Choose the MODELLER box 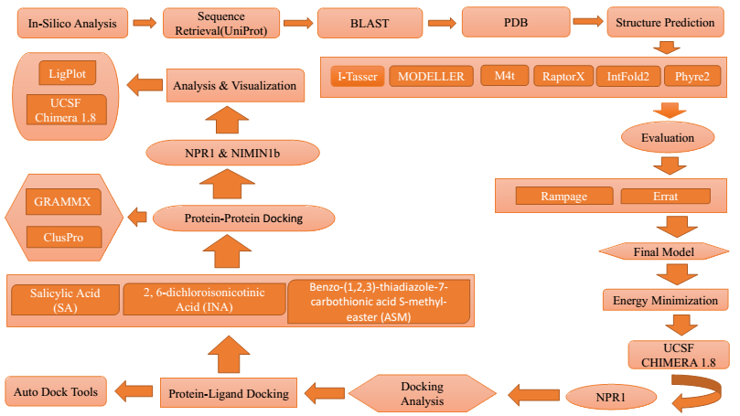pyautogui.click(x=430, y=77)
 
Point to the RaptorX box pyautogui.click(x=563, y=77)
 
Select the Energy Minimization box pyautogui.click(x=670, y=299)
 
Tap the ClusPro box pyautogui.click(x=59, y=237)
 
